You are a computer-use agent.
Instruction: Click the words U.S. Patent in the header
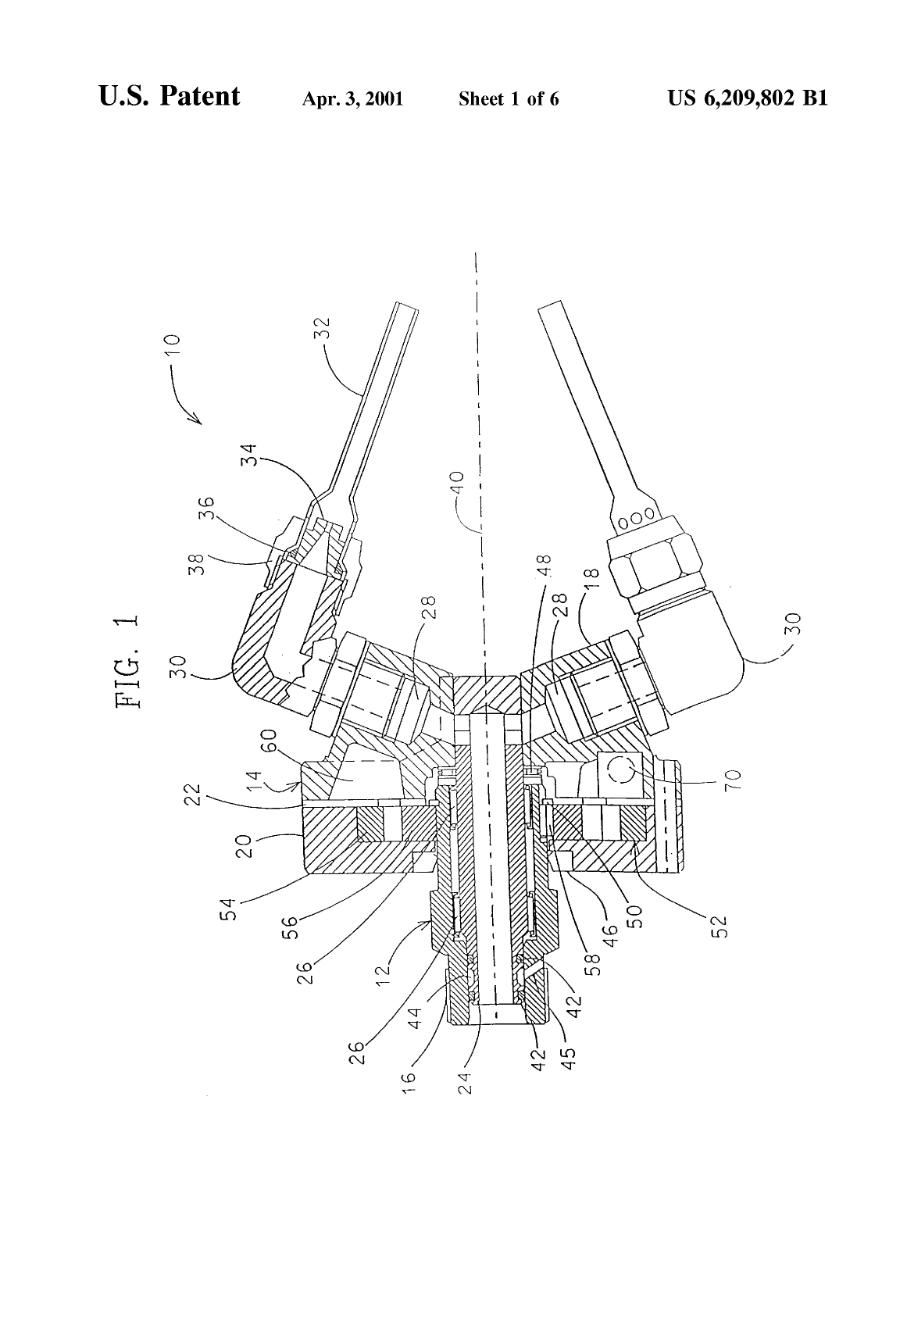click(170, 97)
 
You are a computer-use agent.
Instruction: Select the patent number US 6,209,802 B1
click(748, 98)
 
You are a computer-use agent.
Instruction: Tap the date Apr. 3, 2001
click(352, 99)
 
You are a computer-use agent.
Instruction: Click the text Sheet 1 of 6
click(508, 99)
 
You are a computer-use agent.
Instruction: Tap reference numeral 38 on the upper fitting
click(261, 561)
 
